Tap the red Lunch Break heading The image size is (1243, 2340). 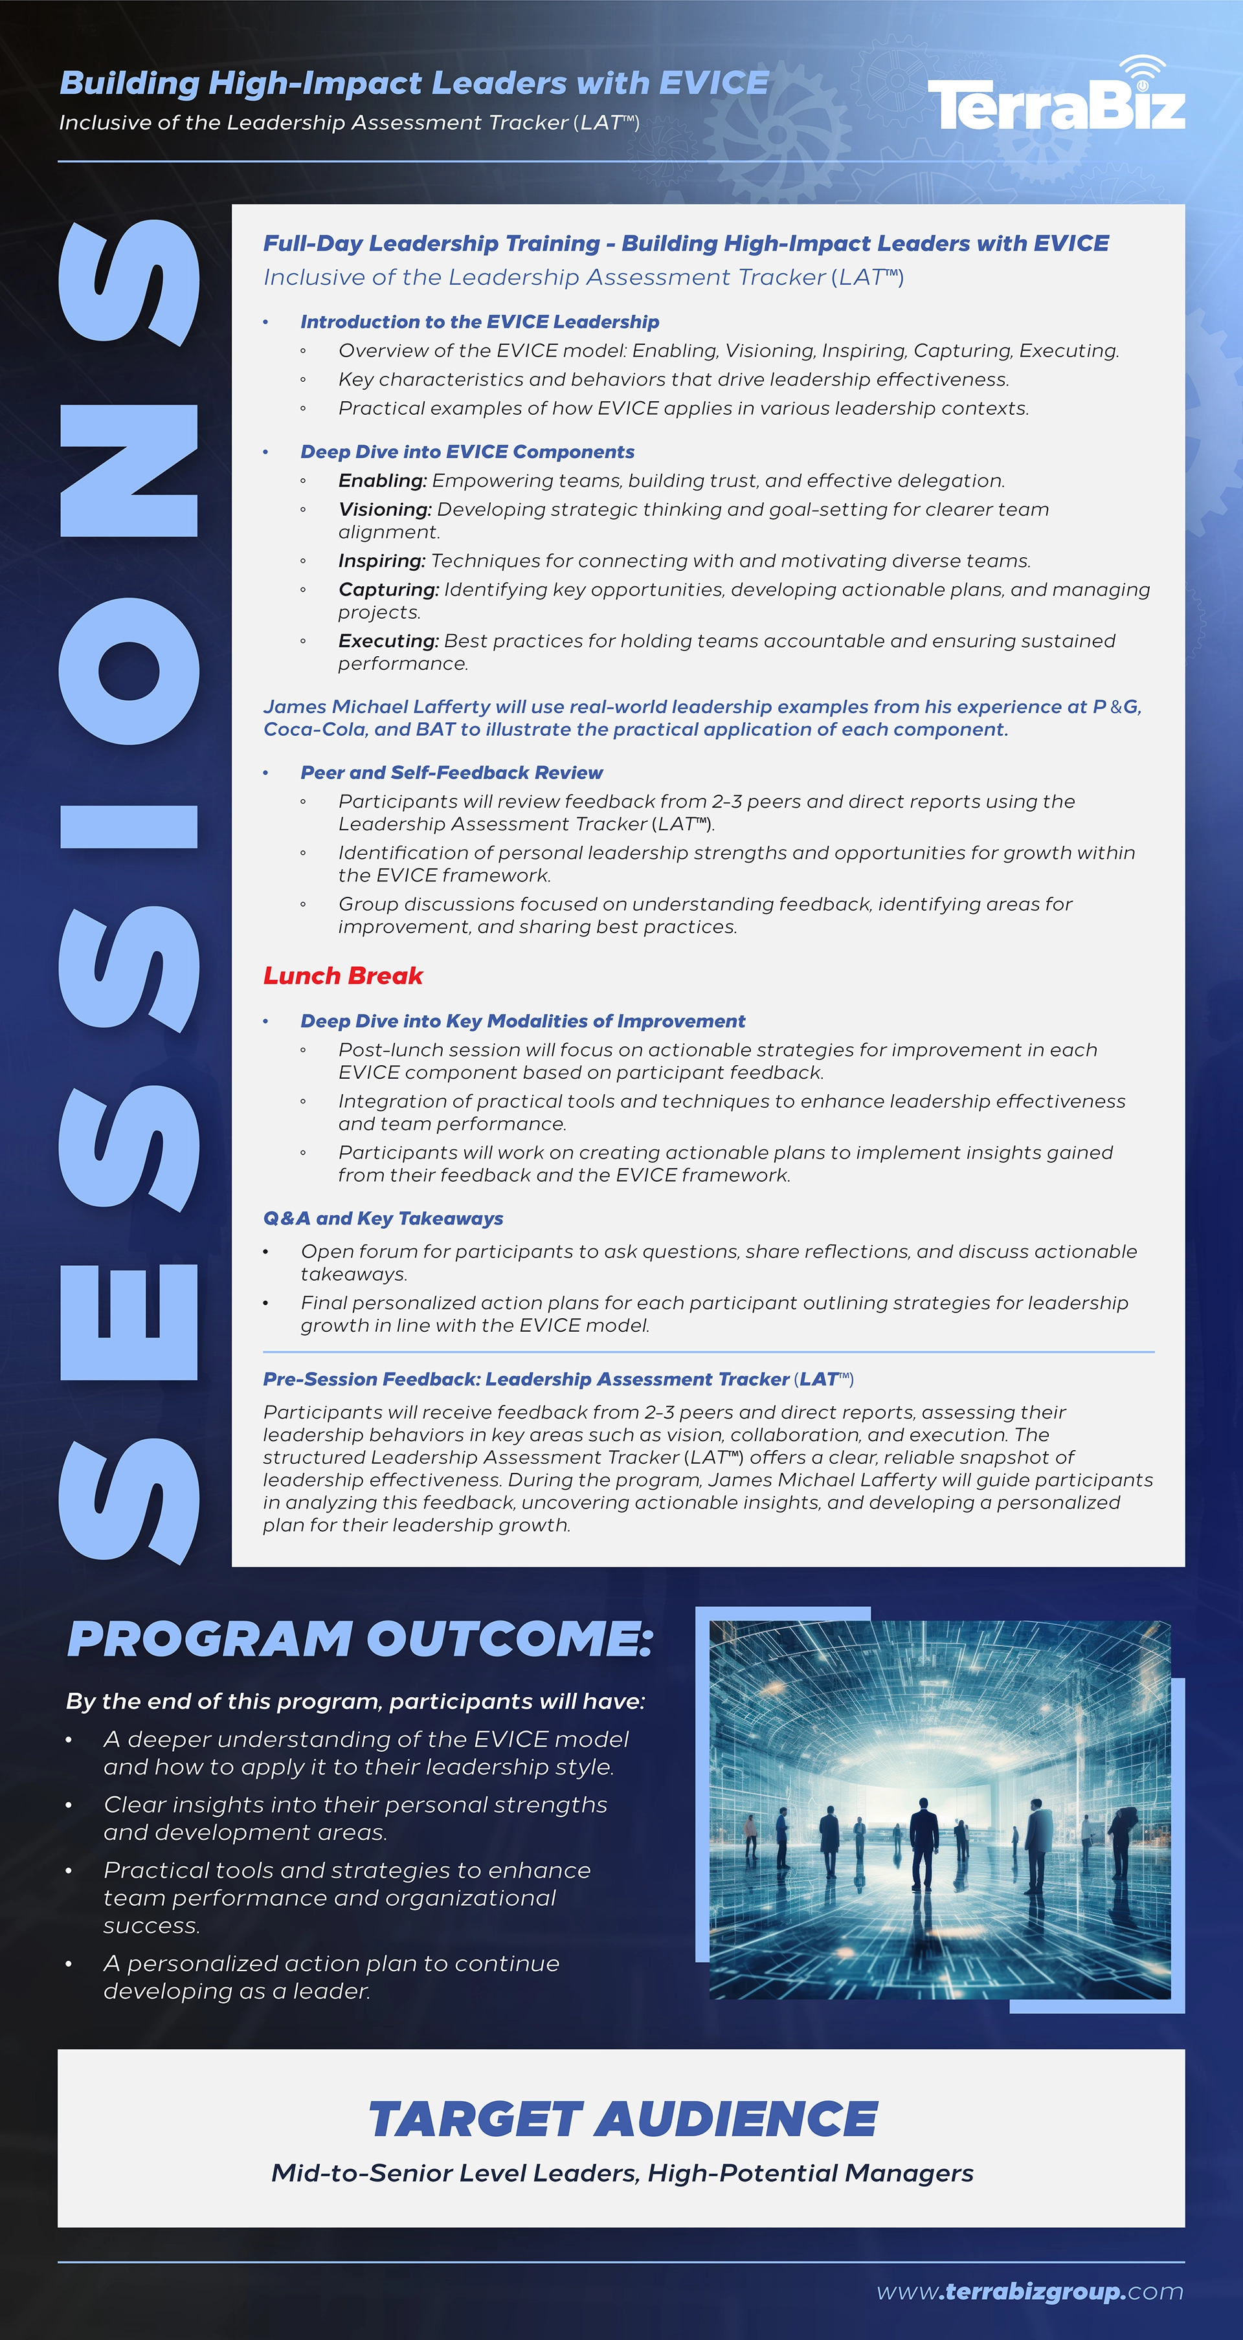coord(342,976)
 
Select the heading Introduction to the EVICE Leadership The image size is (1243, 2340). coord(480,322)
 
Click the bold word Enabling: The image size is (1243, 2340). coord(381,481)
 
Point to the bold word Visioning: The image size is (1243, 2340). coord(385,509)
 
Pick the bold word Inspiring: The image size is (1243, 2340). coord(381,560)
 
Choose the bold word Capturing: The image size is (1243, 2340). coord(388,590)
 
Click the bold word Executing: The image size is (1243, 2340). coord(388,641)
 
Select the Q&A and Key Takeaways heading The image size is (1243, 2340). coord(383,1218)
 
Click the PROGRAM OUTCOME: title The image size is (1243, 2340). coord(360,1640)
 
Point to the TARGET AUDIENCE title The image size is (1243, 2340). coord(622,2119)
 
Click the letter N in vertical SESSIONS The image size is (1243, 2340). coord(128,470)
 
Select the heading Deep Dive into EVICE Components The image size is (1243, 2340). coord(467,452)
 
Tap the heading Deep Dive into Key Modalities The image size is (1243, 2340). coord(522,1021)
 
